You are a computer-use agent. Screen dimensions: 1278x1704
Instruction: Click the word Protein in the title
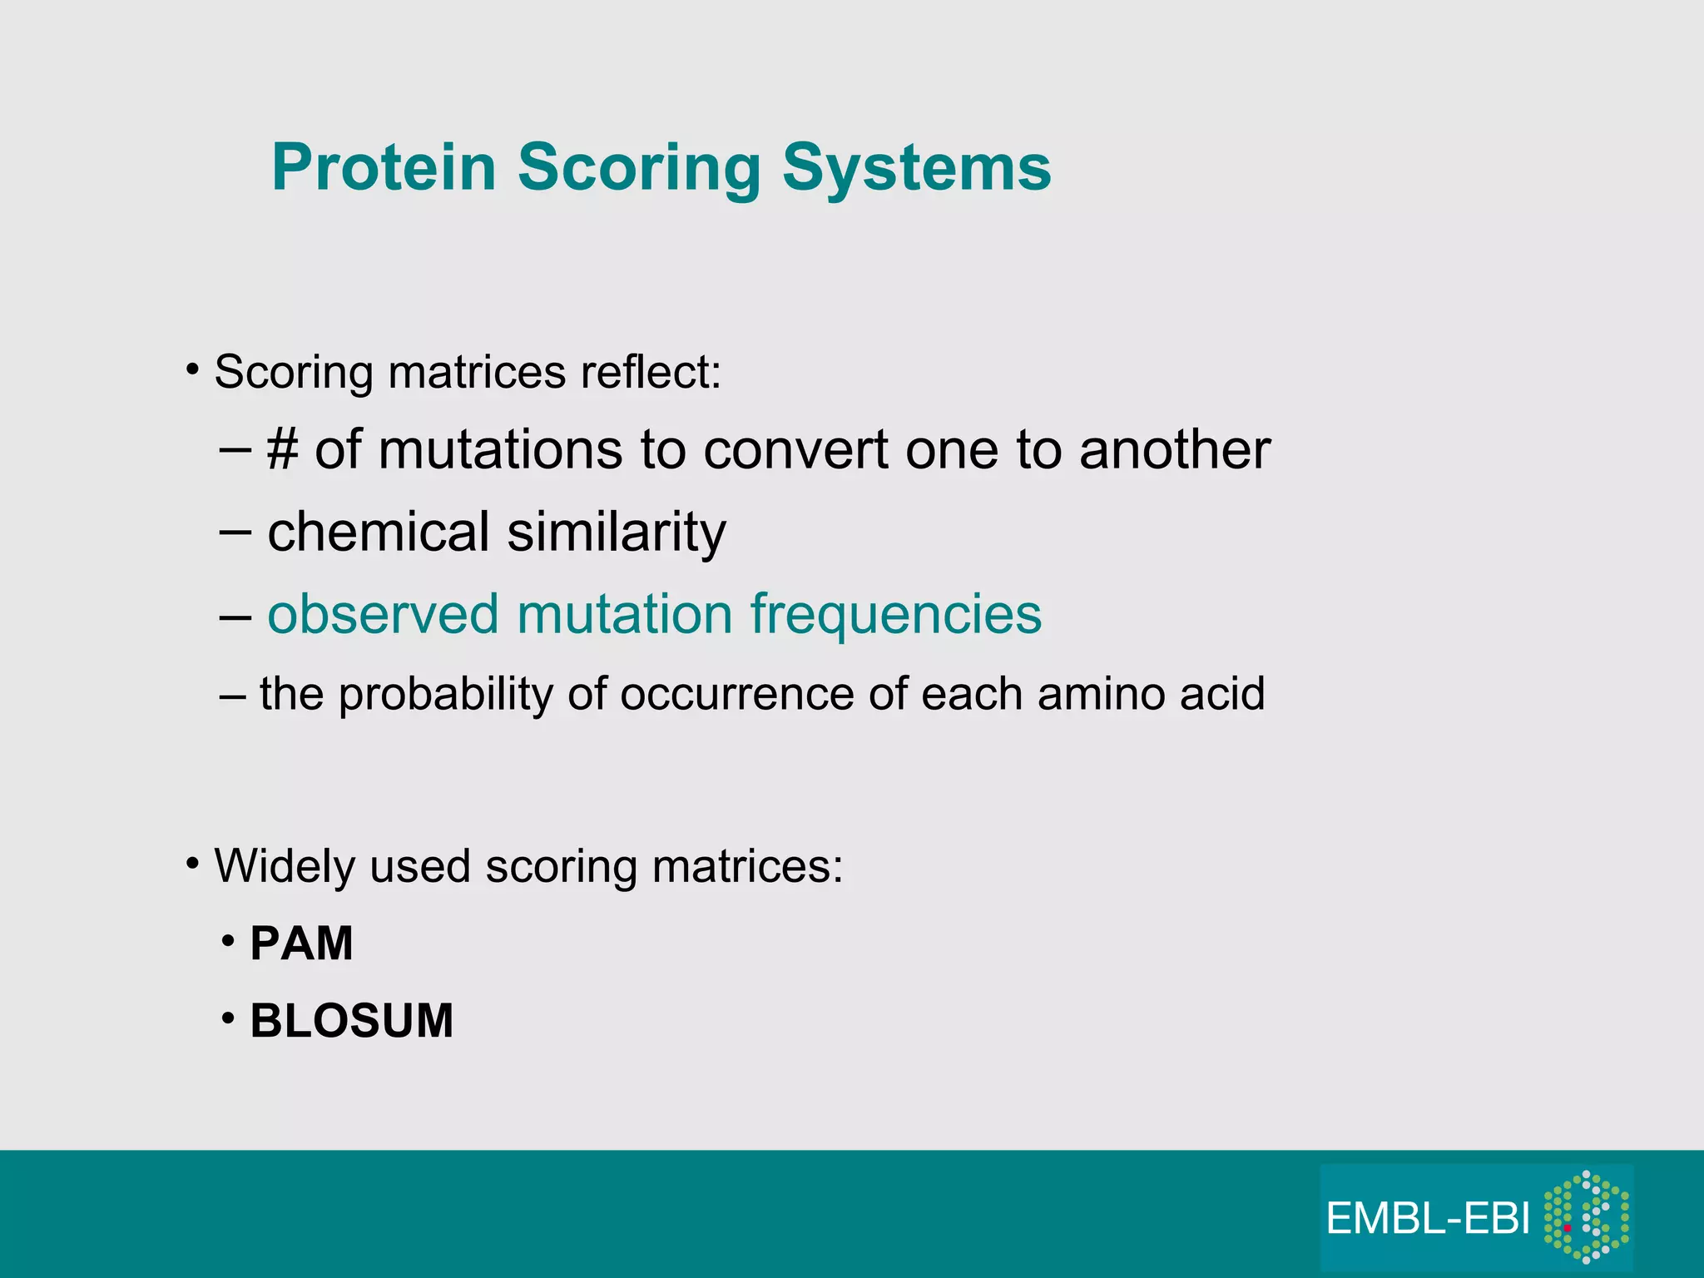(x=384, y=168)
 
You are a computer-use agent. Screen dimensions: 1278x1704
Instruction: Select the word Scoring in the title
(x=638, y=168)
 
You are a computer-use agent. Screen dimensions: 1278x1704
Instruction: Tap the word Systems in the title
(x=916, y=168)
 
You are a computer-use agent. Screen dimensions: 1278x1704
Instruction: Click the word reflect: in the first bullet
(x=651, y=372)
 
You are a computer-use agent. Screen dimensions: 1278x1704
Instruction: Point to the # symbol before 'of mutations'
(x=282, y=451)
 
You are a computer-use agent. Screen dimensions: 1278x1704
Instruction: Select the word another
(x=1174, y=451)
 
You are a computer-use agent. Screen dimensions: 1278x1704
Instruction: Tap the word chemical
(x=379, y=532)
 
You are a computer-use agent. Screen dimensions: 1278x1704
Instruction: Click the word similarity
(x=617, y=532)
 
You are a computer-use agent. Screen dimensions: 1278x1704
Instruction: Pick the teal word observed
(x=384, y=614)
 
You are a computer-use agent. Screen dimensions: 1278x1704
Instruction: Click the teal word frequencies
(x=895, y=614)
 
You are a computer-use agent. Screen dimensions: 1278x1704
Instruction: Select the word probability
(x=445, y=694)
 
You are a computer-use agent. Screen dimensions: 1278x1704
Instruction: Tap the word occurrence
(x=736, y=694)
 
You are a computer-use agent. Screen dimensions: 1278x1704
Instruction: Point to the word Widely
(x=285, y=866)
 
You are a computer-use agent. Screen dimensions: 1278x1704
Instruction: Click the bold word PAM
(x=301, y=944)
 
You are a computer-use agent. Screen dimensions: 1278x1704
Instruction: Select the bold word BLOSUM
(x=351, y=1021)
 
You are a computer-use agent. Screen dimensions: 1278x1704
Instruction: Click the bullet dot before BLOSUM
(x=228, y=1018)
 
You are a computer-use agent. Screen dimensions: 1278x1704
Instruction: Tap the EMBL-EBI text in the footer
(x=1427, y=1219)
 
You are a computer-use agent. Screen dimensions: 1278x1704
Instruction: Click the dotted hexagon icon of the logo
(x=1586, y=1217)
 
